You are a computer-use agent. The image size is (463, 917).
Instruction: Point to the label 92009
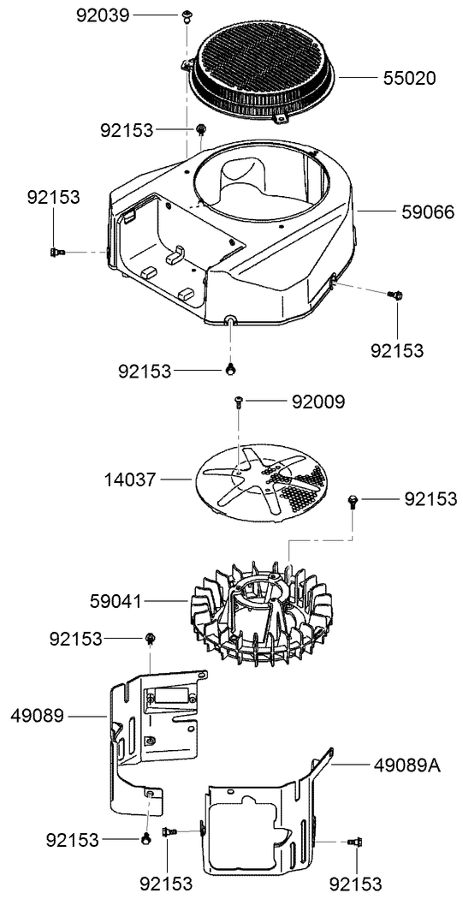coord(318,401)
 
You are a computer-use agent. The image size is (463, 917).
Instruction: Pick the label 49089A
coord(407,765)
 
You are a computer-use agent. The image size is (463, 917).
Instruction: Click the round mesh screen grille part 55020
coord(261,68)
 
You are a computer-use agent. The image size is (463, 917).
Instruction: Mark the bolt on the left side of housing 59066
coord(56,251)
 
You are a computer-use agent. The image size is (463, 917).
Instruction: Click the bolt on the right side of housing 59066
coord(395,295)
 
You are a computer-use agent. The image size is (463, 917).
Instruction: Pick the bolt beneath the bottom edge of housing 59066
coord(231,369)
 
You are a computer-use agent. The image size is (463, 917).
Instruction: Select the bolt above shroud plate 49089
coord(151,638)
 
